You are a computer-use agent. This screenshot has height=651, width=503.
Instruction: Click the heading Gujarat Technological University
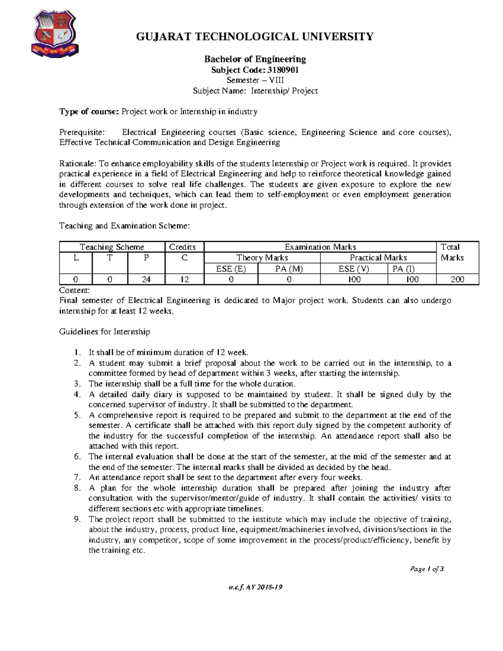(254, 37)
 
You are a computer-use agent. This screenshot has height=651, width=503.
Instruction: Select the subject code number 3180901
(283, 70)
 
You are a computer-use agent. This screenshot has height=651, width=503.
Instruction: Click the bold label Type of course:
(89, 112)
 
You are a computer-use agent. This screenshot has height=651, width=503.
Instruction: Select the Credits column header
(182, 247)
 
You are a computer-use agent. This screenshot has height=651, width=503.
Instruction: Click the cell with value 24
(146, 279)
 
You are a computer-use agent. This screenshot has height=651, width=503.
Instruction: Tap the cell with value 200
(457, 279)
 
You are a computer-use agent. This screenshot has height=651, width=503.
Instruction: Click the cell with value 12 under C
(184, 279)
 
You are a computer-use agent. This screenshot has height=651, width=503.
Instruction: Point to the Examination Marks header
(320, 247)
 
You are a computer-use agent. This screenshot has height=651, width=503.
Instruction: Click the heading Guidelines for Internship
(104, 332)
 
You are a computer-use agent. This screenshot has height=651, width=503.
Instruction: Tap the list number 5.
(77, 415)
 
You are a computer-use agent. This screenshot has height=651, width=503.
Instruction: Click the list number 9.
(77, 519)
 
